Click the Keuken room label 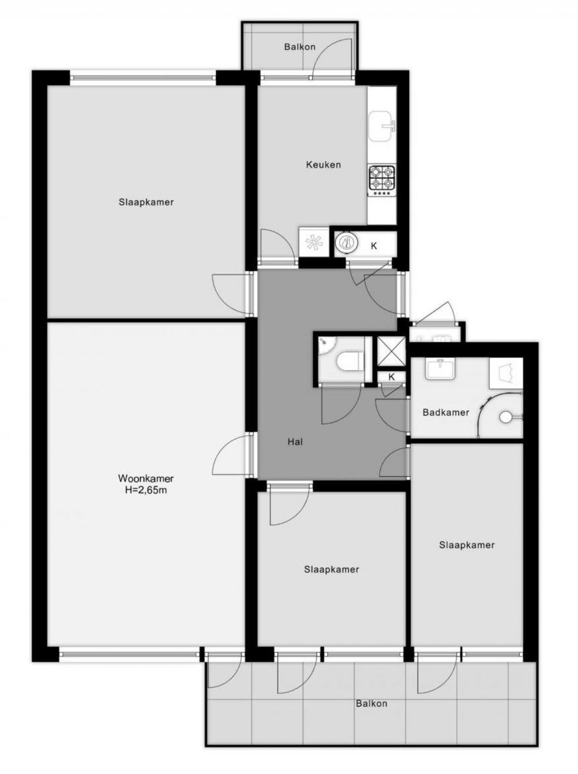click(323, 164)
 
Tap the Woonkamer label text click(146, 479)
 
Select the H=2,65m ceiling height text click(146, 490)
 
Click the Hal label click(295, 442)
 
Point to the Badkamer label click(446, 412)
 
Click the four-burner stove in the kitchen click(382, 181)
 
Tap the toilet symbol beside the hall click(349, 362)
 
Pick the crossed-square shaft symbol click(391, 352)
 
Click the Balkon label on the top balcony click(300, 46)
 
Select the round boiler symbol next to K click(346, 242)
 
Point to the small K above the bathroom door click(391, 377)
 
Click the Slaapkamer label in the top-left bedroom click(146, 203)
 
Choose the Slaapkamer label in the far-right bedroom click(466, 545)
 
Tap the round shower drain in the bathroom click(505, 417)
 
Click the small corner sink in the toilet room click(326, 344)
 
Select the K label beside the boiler click(374, 246)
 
